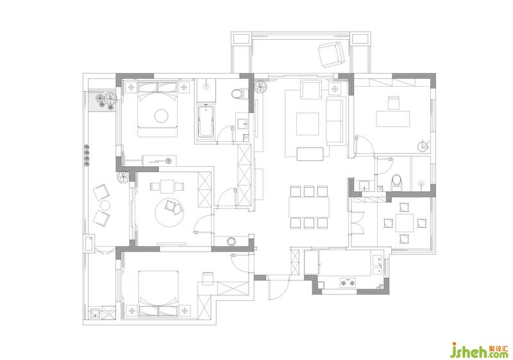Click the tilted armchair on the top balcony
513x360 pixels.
pyautogui.click(x=332, y=55)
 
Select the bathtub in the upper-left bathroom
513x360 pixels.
pyautogui.click(x=206, y=121)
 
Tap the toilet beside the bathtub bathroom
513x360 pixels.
pyautogui.click(x=239, y=94)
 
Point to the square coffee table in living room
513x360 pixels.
pyautogui.click(x=308, y=124)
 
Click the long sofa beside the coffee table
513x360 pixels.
pyautogui.click(x=335, y=121)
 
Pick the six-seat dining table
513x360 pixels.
pyautogui.click(x=309, y=207)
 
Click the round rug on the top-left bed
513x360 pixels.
pyautogui.click(x=162, y=116)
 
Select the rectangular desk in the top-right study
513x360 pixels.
pyautogui.click(x=393, y=119)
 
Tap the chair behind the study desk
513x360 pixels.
pyautogui.click(x=394, y=103)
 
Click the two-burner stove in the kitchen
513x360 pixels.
pyautogui.click(x=348, y=282)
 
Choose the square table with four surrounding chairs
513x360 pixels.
pyautogui.click(x=405, y=223)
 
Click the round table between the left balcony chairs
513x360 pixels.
pyautogui.click(x=105, y=205)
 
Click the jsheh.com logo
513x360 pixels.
pyautogui.click(x=480, y=351)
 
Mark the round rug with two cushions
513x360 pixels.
pyautogui.click(x=169, y=213)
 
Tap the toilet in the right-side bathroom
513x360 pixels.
pyautogui.click(x=396, y=182)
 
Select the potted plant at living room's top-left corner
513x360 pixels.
pyautogui.click(x=261, y=87)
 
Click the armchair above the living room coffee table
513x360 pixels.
pyautogui.click(x=311, y=90)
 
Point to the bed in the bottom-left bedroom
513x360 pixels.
pyautogui.click(x=158, y=293)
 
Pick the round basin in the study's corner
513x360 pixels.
pyautogui.click(x=423, y=146)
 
